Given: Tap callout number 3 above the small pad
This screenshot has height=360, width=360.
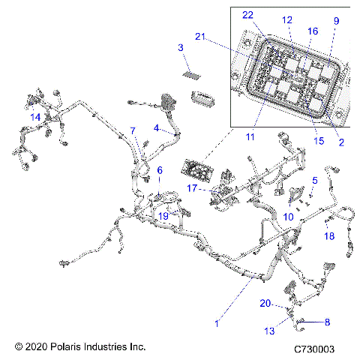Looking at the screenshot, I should [181, 48].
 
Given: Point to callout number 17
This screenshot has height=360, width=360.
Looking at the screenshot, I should [191, 188].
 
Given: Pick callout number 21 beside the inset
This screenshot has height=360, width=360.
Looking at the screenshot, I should [199, 37].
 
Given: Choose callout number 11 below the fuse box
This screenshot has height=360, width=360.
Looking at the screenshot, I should [250, 137].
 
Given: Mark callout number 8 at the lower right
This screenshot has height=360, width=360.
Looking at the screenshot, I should [327, 322].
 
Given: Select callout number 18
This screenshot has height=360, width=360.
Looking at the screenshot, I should [329, 236].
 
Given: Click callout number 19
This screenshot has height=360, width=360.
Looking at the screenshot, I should [163, 216].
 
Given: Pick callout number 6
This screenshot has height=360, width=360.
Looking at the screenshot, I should [159, 171].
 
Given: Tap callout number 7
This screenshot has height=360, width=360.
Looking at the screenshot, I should [132, 130].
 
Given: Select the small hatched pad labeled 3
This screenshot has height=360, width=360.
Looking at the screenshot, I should [193, 76].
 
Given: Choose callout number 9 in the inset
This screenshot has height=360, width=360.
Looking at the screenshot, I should [336, 20].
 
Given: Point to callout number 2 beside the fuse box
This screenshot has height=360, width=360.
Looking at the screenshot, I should [341, 142].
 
